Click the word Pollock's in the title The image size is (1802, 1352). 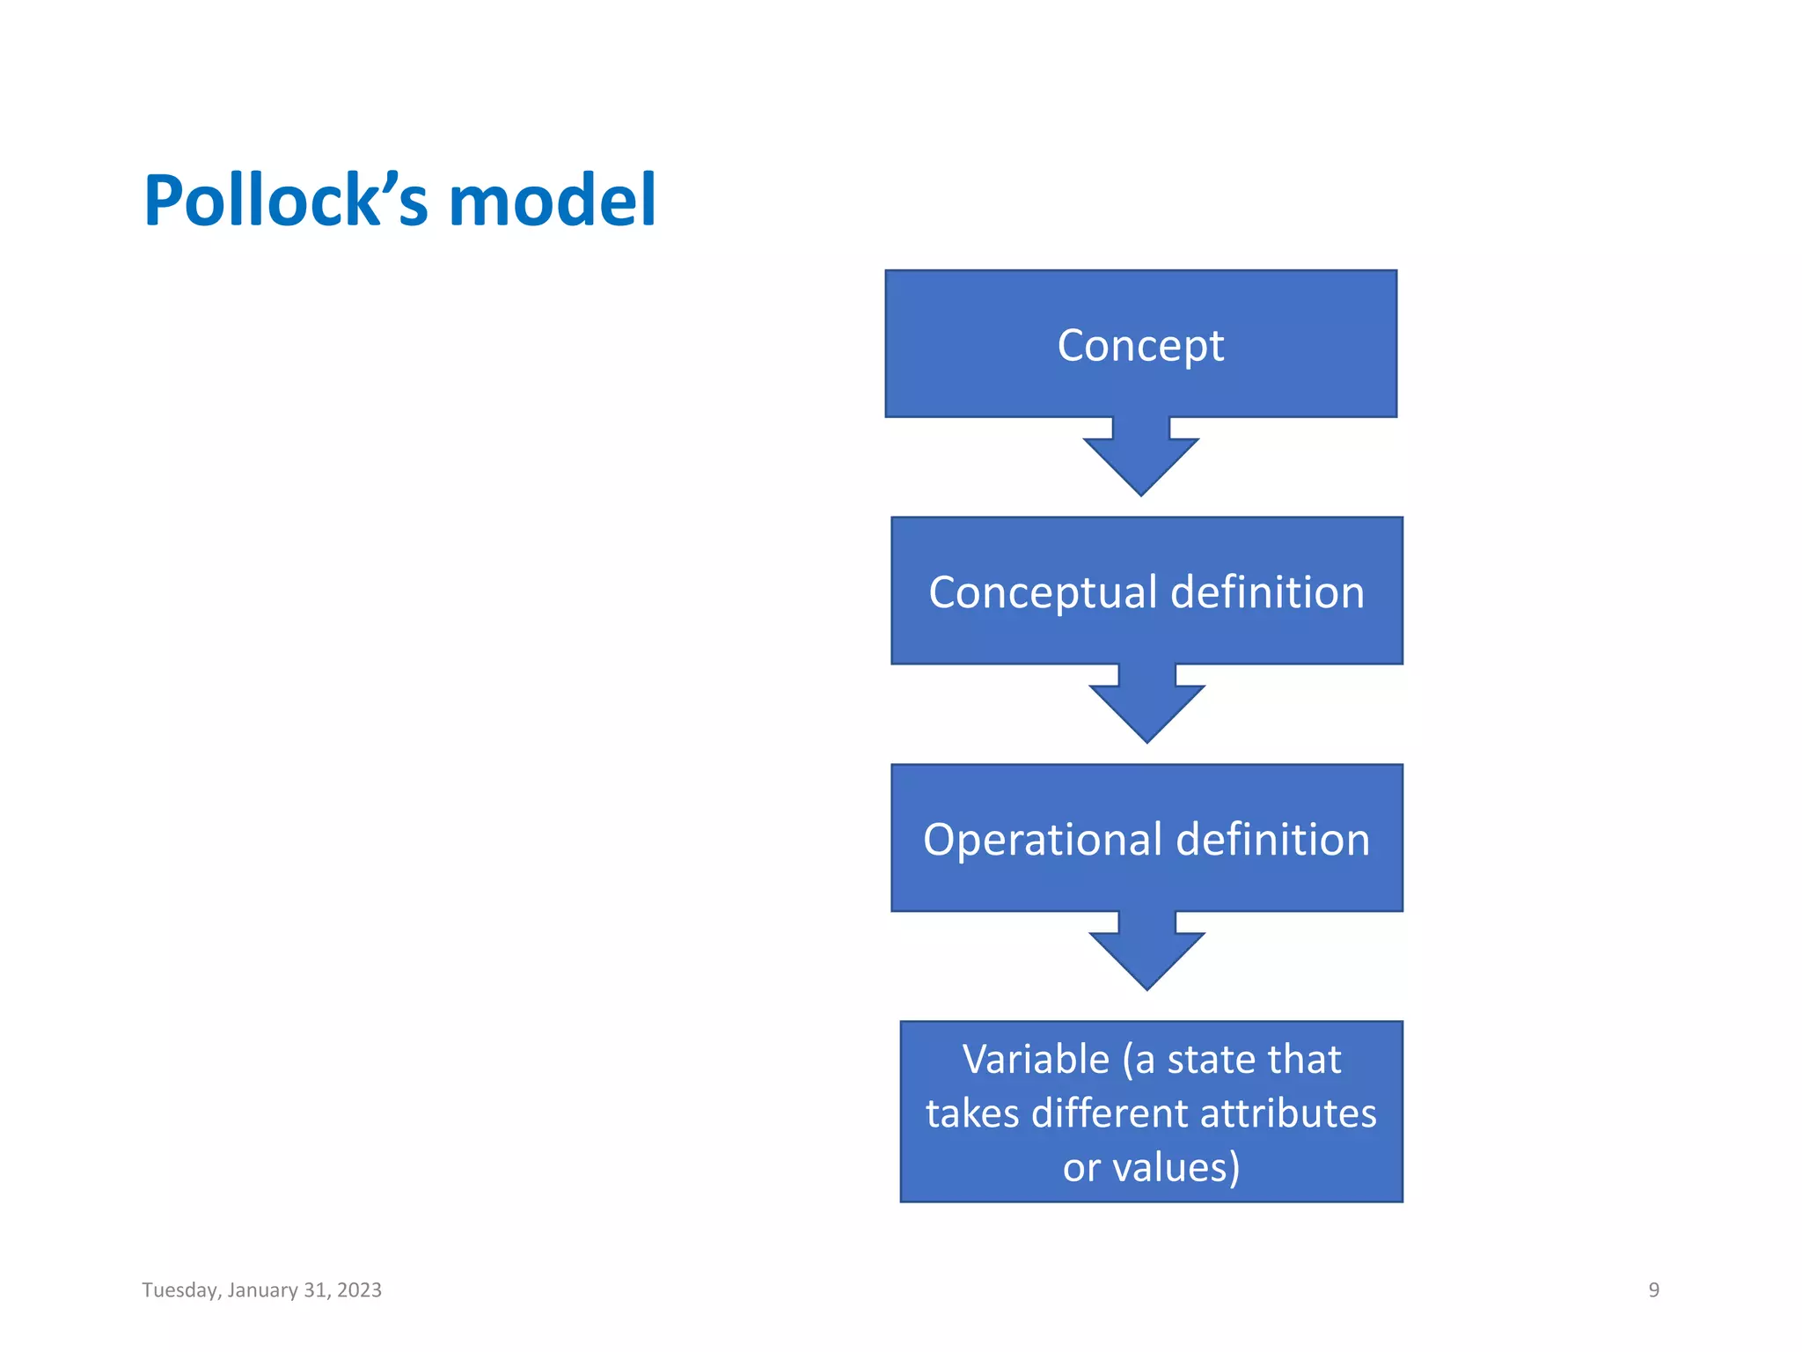click(286, 201)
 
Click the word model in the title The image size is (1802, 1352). click(553, 201)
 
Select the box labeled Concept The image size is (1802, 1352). click(1140, 344)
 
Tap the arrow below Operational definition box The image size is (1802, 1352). click(1146, 954)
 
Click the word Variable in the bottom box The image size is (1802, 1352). click(1036, 1059)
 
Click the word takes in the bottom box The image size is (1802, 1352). click(972, 1113)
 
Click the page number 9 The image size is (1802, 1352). click(1653, 1290)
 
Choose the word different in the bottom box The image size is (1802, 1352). click(1110, 1113)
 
